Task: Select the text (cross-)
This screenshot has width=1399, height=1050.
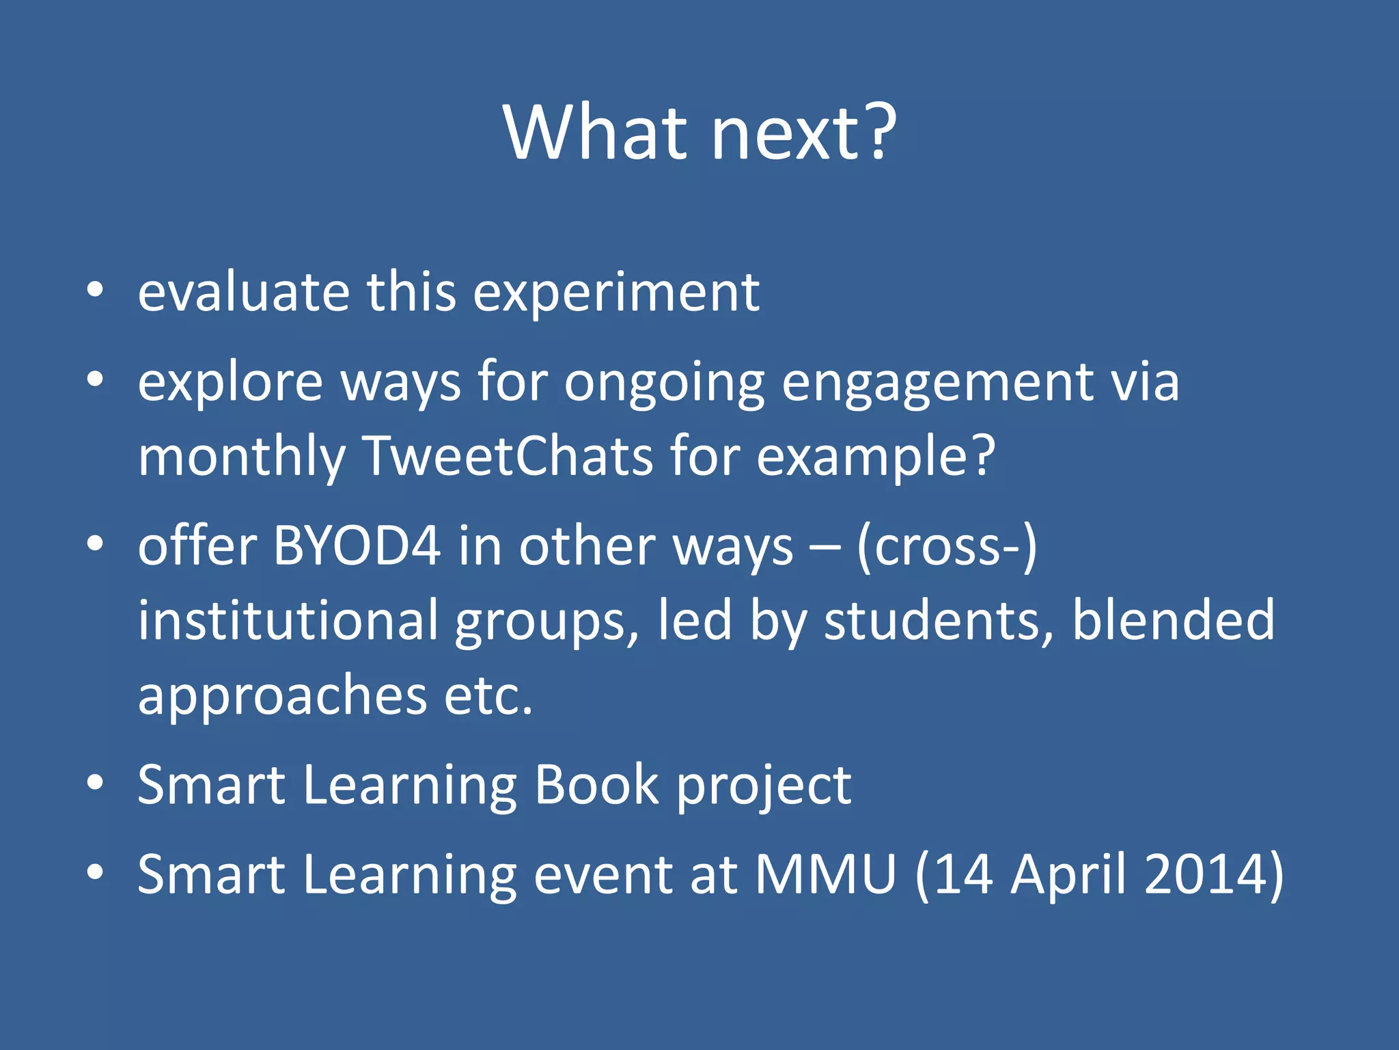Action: (947, 547)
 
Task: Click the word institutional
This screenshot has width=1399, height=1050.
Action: (288, 620)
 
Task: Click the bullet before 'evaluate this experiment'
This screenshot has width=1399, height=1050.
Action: (95, 290)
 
